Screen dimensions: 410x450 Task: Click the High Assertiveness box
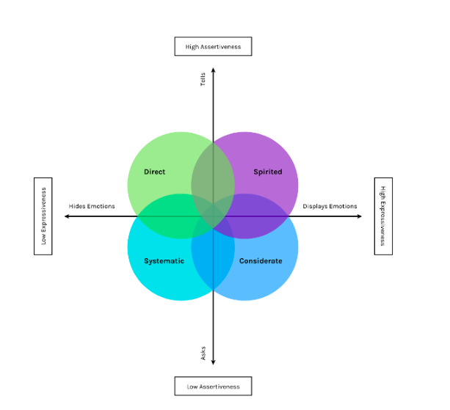(213, 47)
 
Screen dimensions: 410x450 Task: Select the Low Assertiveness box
(213, 386)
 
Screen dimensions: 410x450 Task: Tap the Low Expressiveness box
(43, 216)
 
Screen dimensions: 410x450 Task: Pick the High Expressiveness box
(383, 216)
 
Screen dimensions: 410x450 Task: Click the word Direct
(155, 172)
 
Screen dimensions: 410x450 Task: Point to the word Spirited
(267, 172)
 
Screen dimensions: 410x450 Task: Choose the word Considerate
(261, 261)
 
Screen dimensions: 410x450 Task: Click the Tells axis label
(203, 79)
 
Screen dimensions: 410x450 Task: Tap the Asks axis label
(203, 353)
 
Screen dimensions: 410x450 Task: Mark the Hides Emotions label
(92, 206)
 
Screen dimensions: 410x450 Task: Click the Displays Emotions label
(330, 206)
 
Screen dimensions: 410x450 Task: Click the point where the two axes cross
(213, 216)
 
